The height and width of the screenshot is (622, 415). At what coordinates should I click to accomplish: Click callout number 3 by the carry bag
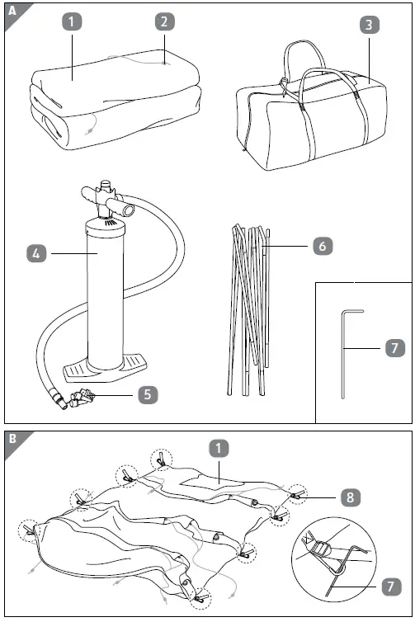click(370, 24)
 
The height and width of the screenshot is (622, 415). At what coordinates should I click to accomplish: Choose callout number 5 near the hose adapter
click(146, 394)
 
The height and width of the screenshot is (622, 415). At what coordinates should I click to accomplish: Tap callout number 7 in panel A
click(395, 348)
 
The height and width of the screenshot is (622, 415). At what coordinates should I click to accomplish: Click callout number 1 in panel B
click(218, 449)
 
